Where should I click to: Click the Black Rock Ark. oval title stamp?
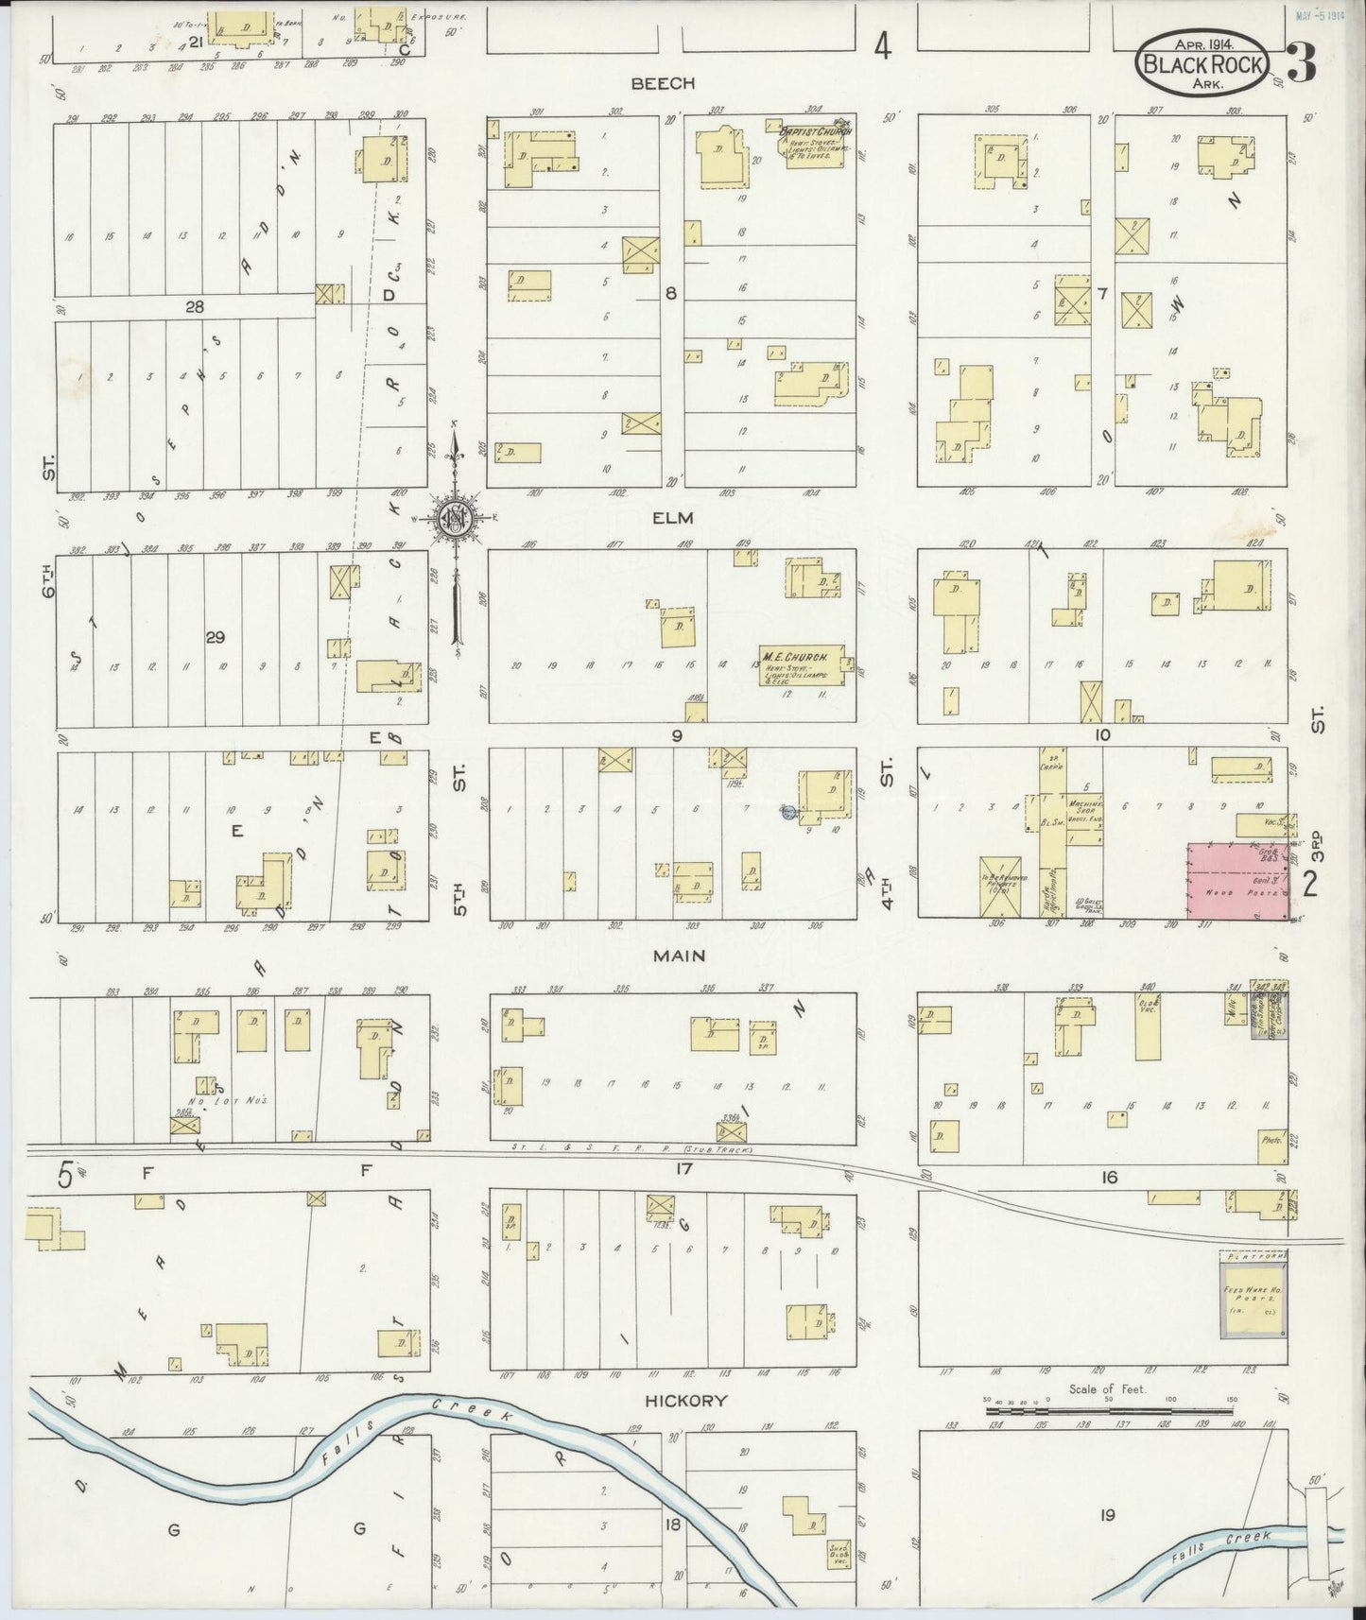pyautogui.click(x=1200, y=61)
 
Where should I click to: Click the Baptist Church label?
pyautogui.click(x=814, y=131)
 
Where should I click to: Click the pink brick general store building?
pyautogui.click(x=1237, y=880)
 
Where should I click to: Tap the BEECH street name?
pyautogui.click(x=663, y=83)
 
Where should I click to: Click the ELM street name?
pyautogui.click(x=672, y=517)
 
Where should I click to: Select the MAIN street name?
pyautogui.click(x=681, y=956)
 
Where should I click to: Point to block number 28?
pyautogui.click(x=194, y=306)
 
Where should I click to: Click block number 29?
pyautogui.click(x=216, y=638)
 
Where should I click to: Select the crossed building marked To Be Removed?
pyautogui.click(x=1000, y=885)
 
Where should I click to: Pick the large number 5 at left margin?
pyautogui.click(x=64, y=1176)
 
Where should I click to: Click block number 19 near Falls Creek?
pyautogui.click(x=1107, y=1515)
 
